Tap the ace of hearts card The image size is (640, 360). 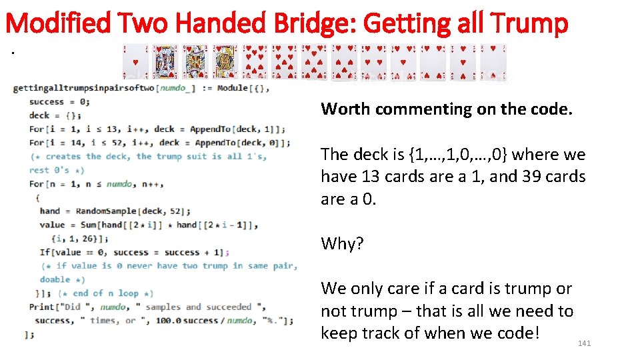tap(135, 62)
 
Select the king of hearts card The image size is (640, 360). tap(165, 62)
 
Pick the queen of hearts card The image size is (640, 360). tap(195, 62)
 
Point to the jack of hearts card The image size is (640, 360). tap(225, 62)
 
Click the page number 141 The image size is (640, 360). tap(584, 343)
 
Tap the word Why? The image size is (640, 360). tap(342, 244)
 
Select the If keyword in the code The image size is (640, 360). tap(45, 252)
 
